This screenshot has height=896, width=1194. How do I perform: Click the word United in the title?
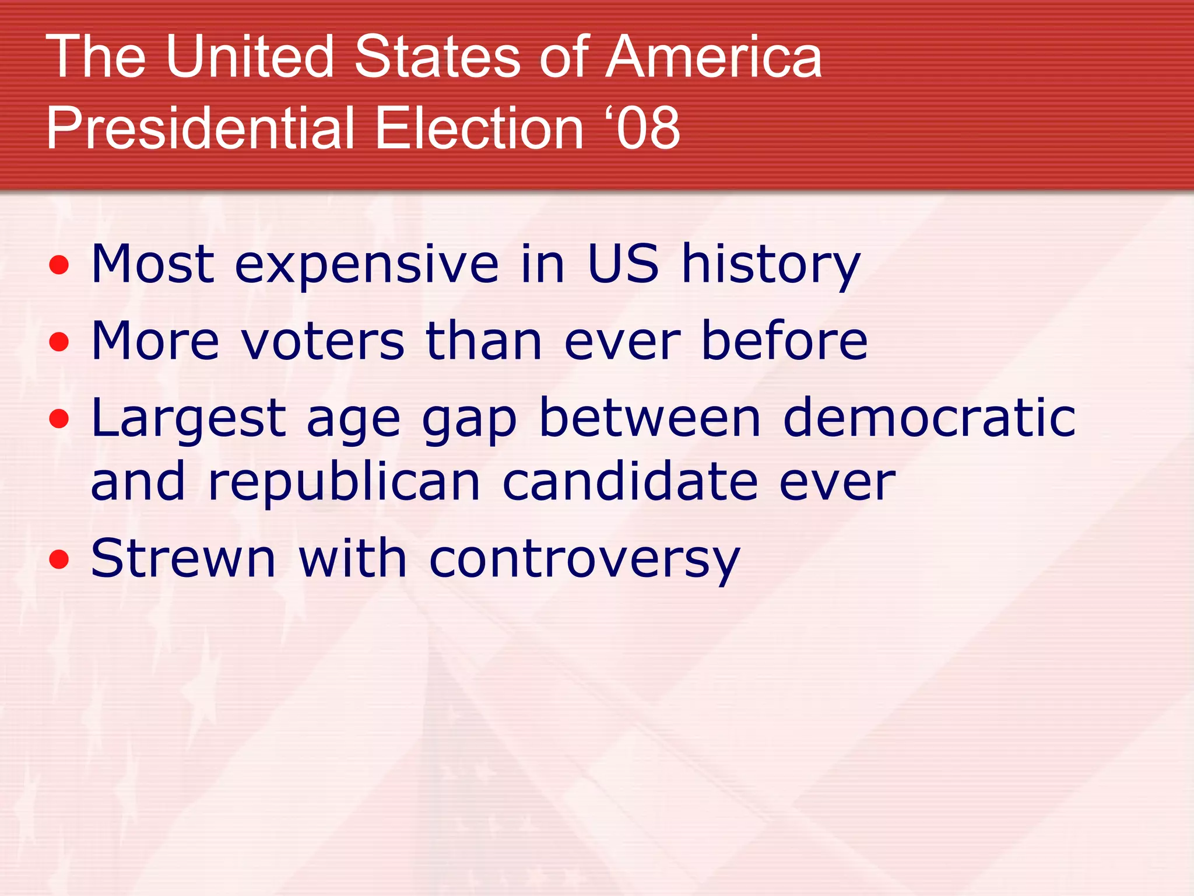click(x=250, y=57)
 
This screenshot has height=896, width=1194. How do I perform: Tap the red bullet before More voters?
click(x=59, y=342)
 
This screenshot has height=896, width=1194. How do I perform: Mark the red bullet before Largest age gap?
click(x=59, y=419)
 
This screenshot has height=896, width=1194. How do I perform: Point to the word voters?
click(x=322, y=341)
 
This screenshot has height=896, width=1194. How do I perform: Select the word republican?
click(x=344, y=483)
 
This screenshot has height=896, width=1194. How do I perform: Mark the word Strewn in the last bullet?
click(x=183, y=558)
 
